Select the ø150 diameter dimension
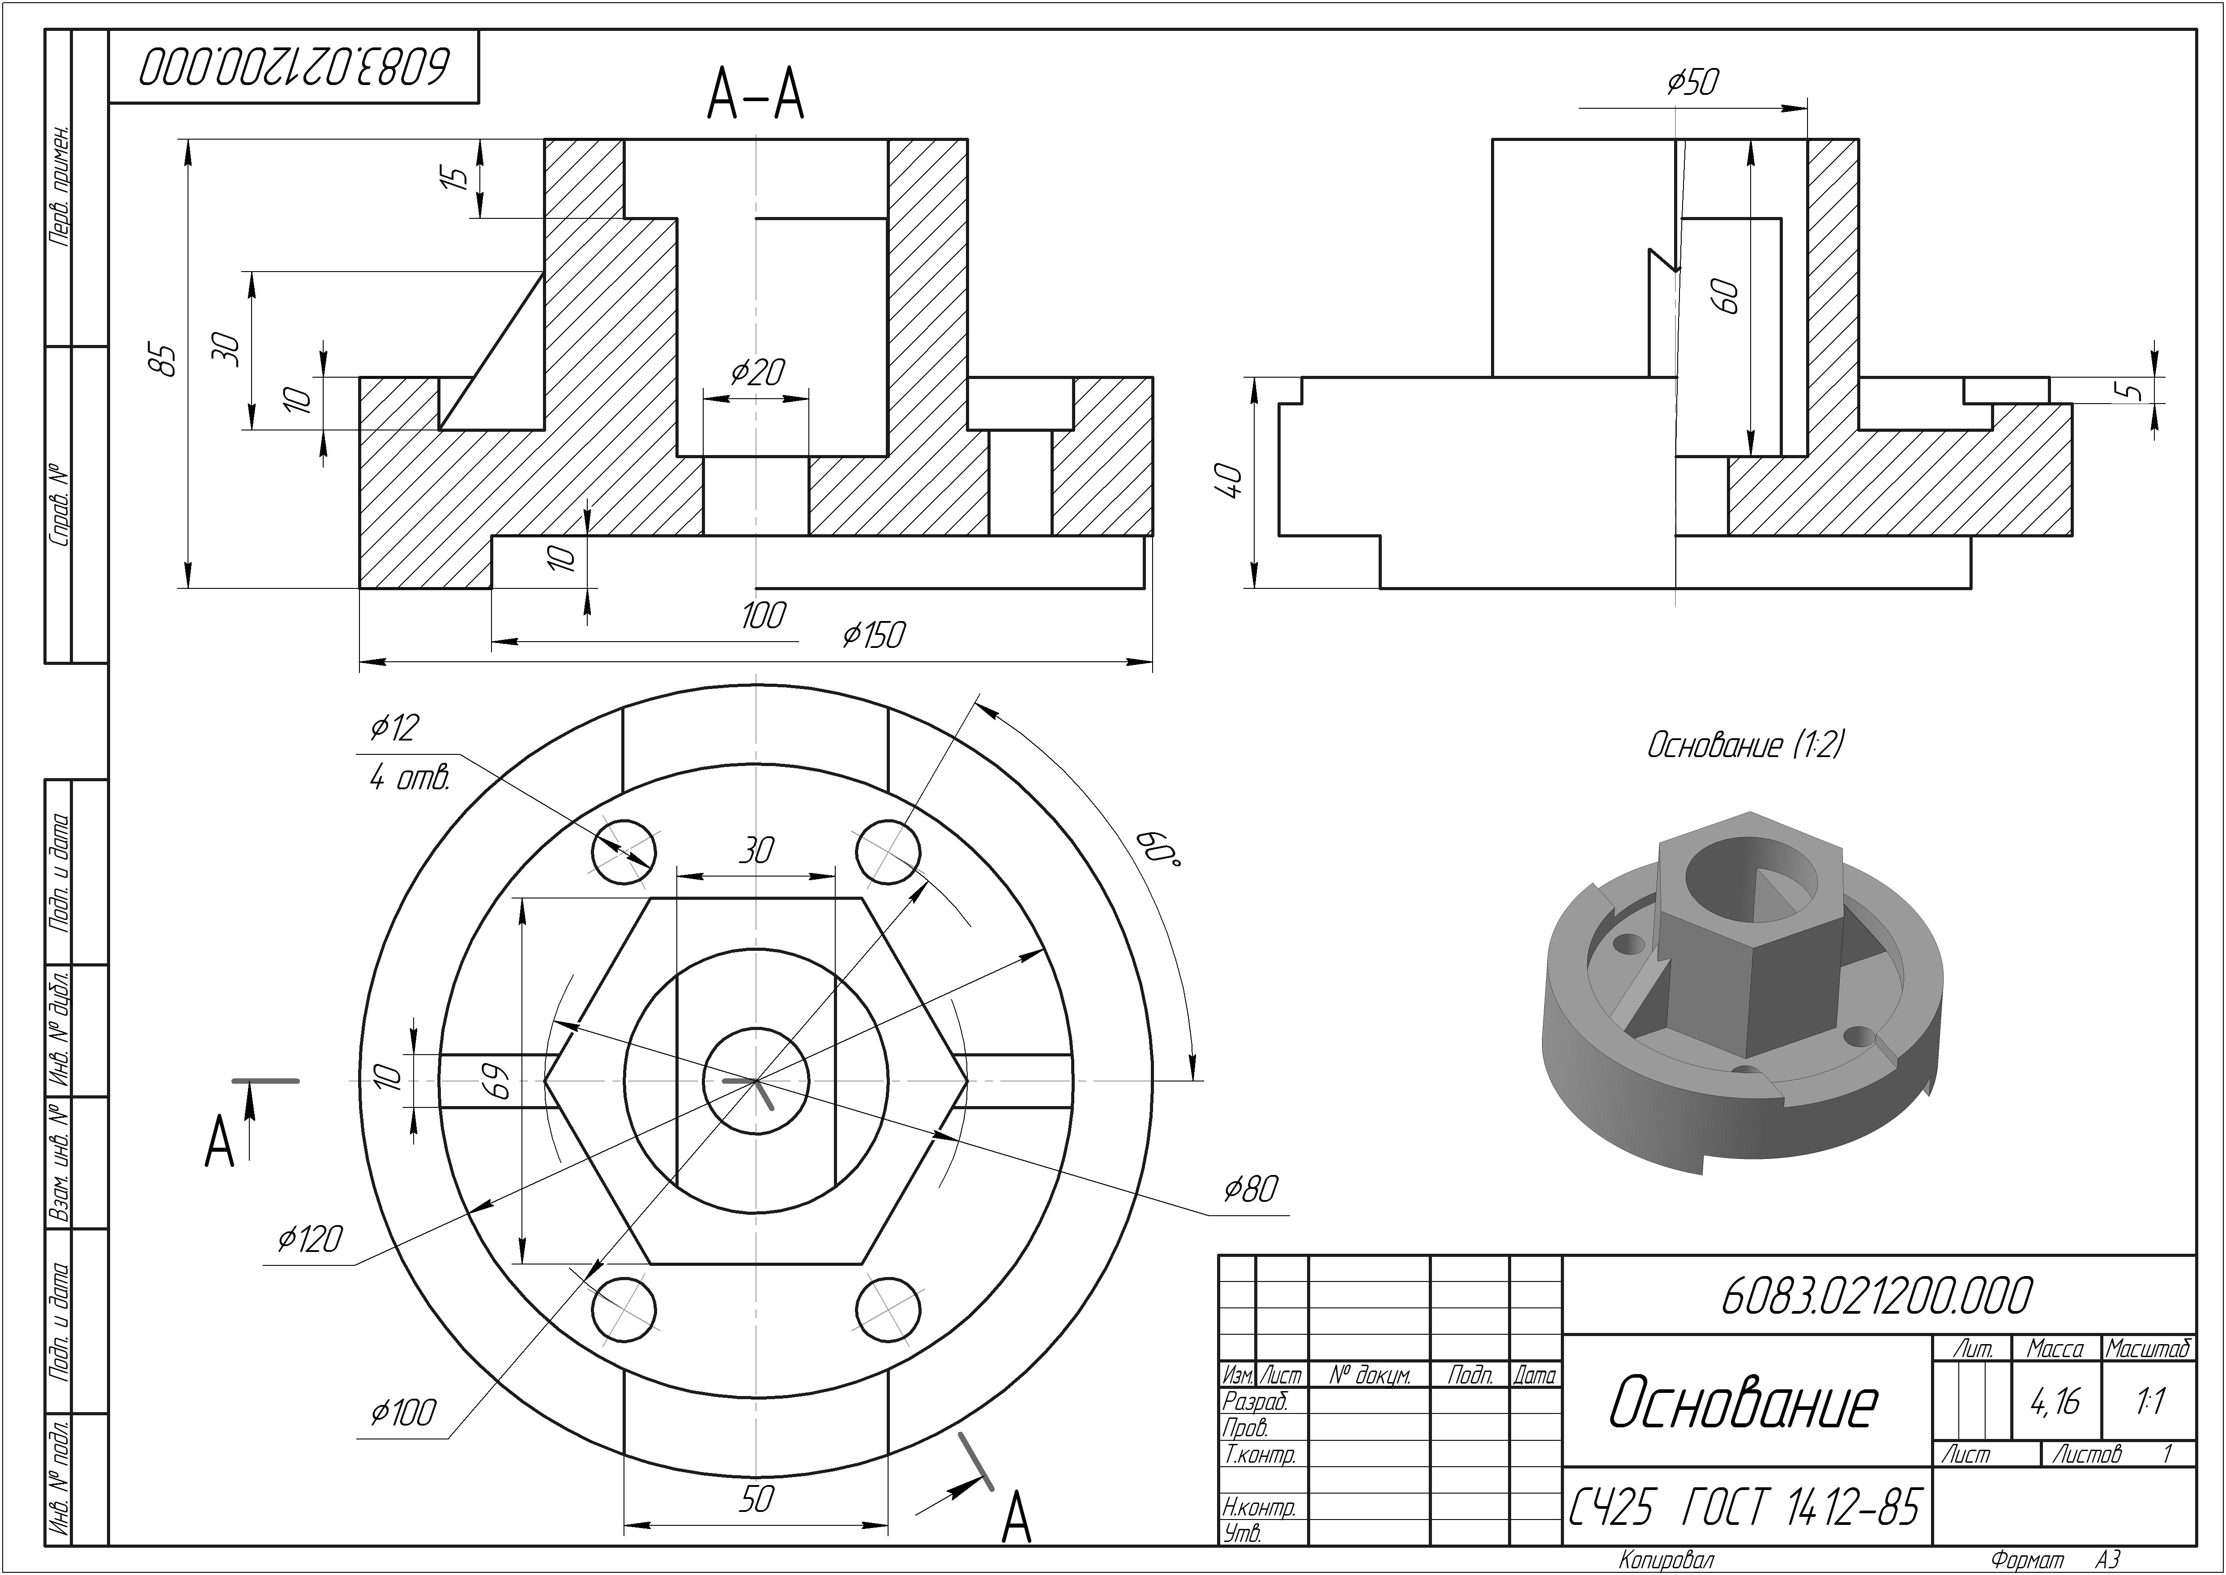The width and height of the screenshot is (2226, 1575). click(x=873, y=635)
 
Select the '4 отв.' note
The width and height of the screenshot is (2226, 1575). click(x=409, y=778)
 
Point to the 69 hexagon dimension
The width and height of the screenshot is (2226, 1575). click(x=500, y=1081)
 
